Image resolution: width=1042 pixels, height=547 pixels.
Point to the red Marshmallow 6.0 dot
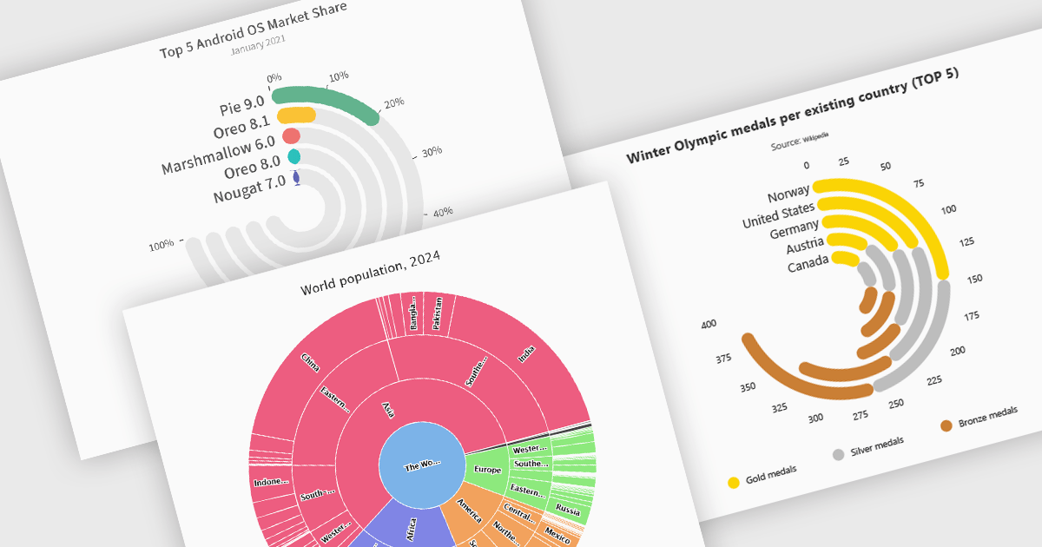pos(292,135)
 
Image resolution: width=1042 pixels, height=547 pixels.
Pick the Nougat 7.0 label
pos(249,189)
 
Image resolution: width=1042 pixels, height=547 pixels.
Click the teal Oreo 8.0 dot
pos(294,157)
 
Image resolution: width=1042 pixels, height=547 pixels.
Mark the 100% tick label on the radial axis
pos(161,246)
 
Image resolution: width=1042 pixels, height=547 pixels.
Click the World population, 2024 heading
pos(370,273)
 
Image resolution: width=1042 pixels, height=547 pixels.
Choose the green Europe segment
pos(487,468)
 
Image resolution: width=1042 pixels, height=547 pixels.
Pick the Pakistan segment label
pos(438,313)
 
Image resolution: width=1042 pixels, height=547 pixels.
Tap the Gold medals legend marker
pos(734,483)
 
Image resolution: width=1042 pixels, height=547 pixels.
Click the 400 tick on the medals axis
pos(709,324)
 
